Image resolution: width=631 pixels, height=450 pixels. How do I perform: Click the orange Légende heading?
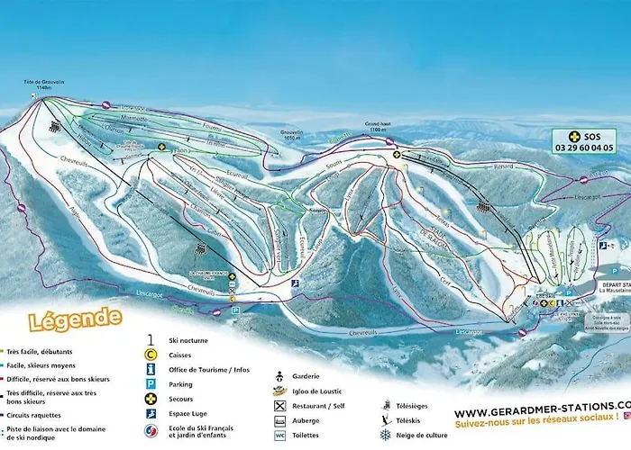coord(63,319)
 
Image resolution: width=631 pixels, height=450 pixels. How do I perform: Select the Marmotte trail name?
coord(131,118)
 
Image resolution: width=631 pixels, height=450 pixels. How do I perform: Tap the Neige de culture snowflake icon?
coord(386,436)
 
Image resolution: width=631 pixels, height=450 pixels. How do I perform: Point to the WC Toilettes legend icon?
coord(280,436)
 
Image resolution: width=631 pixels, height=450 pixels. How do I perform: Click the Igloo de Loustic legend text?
coord(315,391)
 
